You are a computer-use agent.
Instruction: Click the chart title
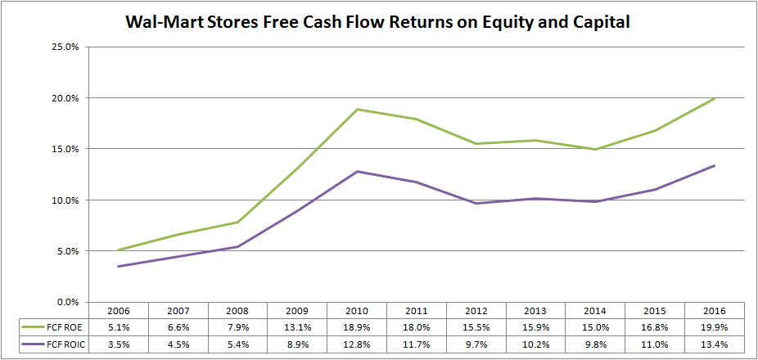coord(378,21)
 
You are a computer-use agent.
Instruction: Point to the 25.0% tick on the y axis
coord(65,47)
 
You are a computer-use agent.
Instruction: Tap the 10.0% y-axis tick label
coord(65,200)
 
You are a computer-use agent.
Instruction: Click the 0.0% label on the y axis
coord(67,302)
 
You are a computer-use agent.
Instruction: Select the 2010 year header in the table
coord(357,311)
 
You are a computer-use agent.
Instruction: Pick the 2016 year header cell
coord(715,311)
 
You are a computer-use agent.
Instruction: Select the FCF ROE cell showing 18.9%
coord(357,327)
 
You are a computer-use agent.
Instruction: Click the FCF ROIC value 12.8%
coord(357,344)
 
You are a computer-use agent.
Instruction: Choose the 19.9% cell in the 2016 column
coord(715,327)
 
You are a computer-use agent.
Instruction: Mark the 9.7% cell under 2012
coord(476,344)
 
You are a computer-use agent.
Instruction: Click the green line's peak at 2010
coord(357,109)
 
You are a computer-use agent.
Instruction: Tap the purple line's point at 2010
coord(357,171)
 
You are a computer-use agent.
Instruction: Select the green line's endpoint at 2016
coord(715,99)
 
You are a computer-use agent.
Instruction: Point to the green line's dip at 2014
coord(595,149)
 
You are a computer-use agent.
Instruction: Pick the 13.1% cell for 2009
coord(297,327)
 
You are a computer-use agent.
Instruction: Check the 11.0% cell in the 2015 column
coord(655,344)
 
